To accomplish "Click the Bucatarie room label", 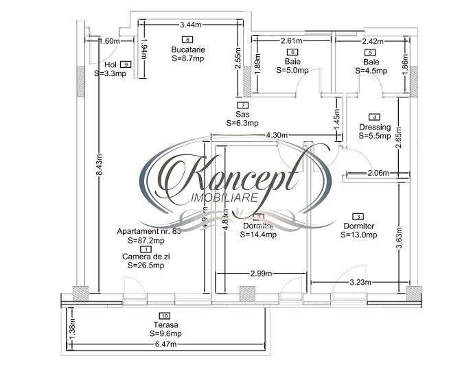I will [188, 50].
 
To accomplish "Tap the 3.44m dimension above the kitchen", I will [191, 25].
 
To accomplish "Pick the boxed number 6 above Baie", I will [293, 52].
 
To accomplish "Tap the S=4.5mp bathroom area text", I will [371, 69].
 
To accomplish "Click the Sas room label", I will [242, 114].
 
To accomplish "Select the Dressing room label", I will [375, 127].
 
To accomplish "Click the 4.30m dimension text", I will [277, 135].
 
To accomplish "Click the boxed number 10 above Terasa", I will [166, 316].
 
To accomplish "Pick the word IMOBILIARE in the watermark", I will [224, 198].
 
